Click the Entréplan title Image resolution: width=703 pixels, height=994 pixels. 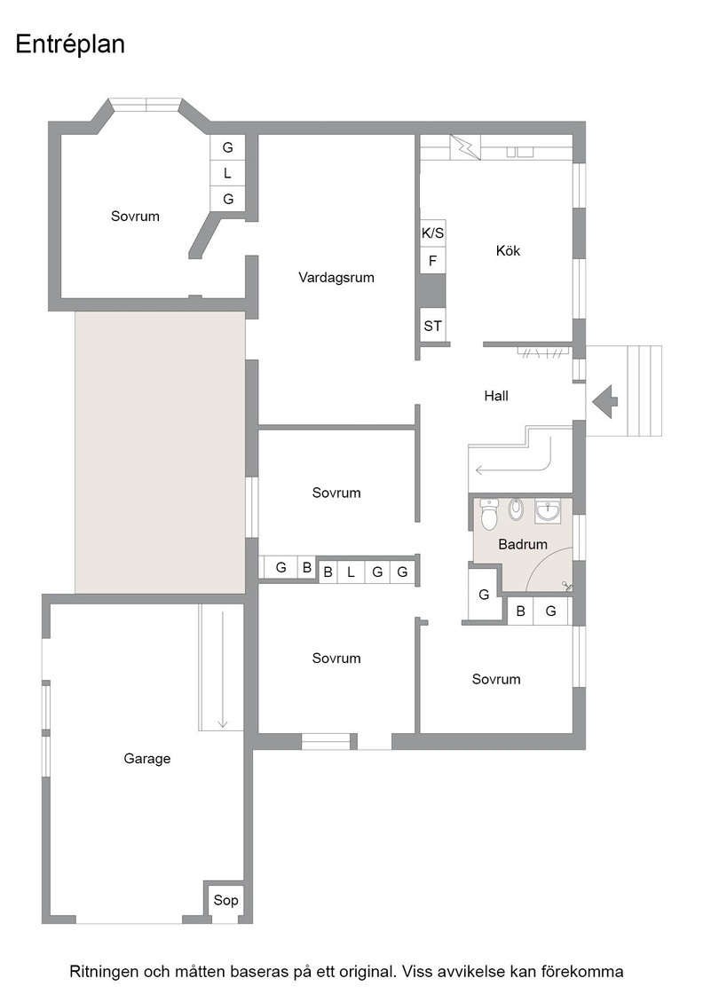pos(70,44)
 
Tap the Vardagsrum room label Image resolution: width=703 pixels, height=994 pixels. pos(336,278)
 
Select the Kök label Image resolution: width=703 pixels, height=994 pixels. pos(508,250)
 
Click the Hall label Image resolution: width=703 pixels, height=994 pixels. pos(496,396)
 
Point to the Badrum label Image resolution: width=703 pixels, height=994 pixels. pos(522,544)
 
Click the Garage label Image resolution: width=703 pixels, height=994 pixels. pos(147,759)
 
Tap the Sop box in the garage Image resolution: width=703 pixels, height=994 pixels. pos(225,900)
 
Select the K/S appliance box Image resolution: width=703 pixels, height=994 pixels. pos(433,233)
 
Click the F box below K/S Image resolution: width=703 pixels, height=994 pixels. pos(433,261)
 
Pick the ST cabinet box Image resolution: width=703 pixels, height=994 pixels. pos(433,326)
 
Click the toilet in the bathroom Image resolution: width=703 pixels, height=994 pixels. pos(489,515)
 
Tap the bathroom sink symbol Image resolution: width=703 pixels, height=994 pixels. pos(548,511)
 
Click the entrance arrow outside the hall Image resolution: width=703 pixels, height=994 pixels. pos(605,401)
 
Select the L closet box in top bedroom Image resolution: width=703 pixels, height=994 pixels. pos(227,173)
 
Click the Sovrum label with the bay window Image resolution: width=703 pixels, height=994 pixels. pos(135,217)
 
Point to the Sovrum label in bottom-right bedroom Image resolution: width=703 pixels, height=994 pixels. pos(495,680)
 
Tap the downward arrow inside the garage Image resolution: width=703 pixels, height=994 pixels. pos(223,669)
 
